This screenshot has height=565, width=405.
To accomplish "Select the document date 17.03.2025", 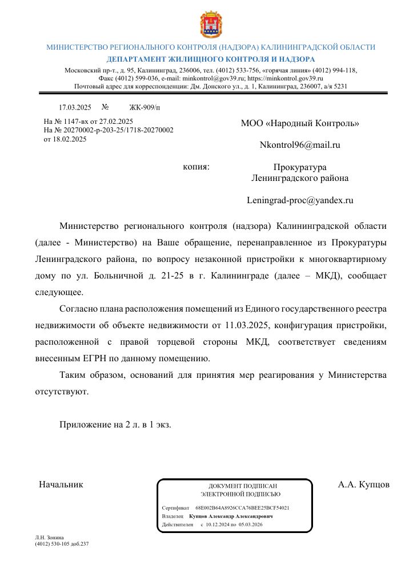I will point(75,107).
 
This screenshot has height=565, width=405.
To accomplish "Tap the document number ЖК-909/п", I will point(145,107).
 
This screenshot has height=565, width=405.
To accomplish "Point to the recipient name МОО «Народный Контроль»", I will point(300,123).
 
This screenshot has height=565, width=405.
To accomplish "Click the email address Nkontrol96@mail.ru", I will point(300,145).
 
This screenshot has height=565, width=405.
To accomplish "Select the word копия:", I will point(196,167).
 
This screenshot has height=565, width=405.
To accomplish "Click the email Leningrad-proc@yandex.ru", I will point(300,200).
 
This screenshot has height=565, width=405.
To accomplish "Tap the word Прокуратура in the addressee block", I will point(300,167).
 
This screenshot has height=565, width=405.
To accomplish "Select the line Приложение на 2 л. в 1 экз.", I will point(115,425).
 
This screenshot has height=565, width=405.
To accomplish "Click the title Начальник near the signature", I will point(61,485).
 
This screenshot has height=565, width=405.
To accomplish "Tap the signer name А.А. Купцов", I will point(363,485).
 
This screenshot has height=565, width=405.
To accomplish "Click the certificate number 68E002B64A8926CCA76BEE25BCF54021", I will point(242,507).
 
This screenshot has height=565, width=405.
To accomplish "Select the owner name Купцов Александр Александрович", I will point(231,516).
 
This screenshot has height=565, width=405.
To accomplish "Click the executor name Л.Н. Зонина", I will point(50,538).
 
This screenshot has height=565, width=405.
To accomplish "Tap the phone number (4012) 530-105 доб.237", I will point(62,544).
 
